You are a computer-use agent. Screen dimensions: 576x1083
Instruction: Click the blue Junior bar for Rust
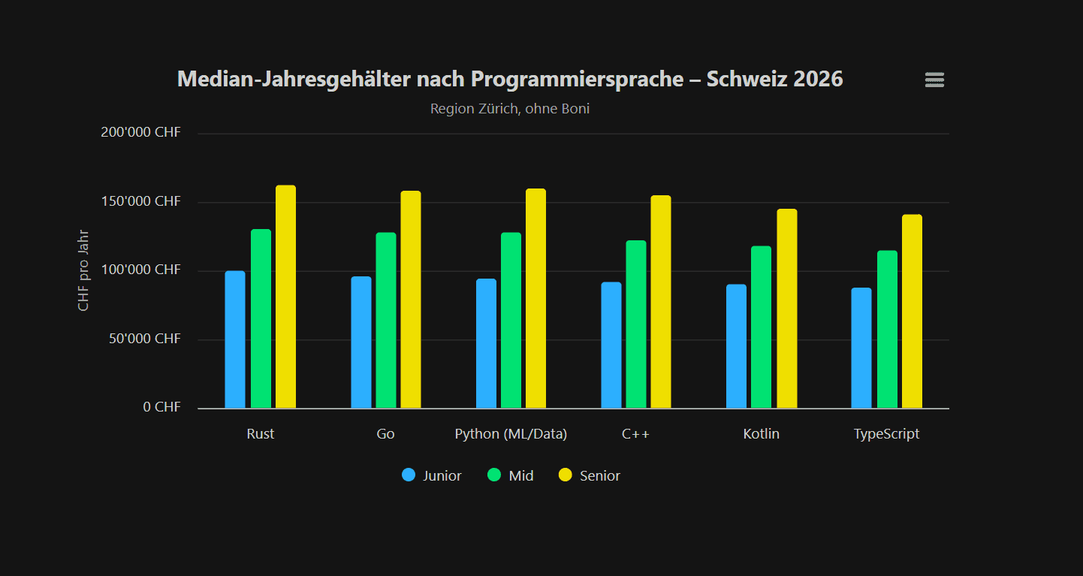[x=235, y=339]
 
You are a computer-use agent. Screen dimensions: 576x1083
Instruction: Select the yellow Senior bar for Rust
[x=285, y=297]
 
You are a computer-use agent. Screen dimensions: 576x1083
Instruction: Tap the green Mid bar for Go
[x=386, y=321]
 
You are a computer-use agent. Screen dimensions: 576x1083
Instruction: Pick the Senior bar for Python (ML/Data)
[x=535, y=298]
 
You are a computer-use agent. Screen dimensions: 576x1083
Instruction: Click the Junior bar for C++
[x=611, y=345]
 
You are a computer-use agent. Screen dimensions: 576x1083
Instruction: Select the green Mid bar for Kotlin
[x=761, y=327]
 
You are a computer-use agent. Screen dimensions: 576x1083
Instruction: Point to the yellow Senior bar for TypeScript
[x=912, y=312]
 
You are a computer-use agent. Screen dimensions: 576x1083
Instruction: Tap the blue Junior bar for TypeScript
[x=861, y=348]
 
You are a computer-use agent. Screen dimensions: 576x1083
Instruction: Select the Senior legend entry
[x=590, y=475]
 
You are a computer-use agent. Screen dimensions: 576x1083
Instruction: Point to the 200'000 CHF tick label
[x=140, y=133]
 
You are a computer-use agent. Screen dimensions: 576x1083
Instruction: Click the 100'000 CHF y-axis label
[x=140, y=270]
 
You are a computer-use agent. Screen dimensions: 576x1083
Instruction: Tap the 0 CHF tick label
[x=162, y=407]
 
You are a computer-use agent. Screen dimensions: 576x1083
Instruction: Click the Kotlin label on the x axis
[x=761, y=434]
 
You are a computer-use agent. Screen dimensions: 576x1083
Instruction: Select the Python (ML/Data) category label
[x=511, y=434]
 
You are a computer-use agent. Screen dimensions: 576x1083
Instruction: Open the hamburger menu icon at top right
[x=934, y=80]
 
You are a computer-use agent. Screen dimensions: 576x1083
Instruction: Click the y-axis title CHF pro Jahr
[x=83, y=270]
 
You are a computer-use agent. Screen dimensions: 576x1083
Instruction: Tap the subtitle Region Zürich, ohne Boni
[x=510, y=109]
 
